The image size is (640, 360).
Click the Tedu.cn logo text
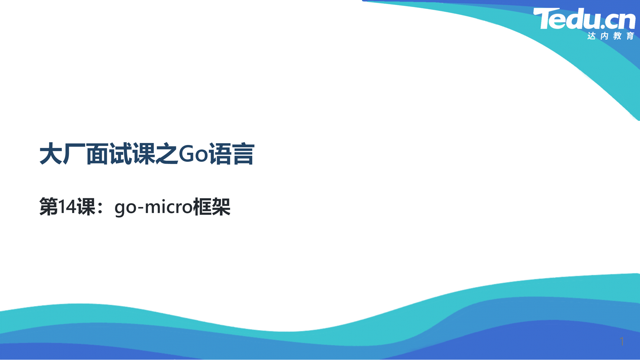pos(584,19)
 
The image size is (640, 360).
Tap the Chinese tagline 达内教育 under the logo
pos(611,36)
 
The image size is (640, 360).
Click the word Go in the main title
pos(194,154)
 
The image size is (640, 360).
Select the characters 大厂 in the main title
pos(62,154)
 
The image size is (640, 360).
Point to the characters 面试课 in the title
pos(121,154)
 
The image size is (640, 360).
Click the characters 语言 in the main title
pos(232,154)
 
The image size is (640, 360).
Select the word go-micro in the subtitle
pos(154,207)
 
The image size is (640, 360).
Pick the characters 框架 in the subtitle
pos(212,207)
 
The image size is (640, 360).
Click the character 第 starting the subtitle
pos(49,207)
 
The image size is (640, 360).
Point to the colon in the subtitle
pos(100,208)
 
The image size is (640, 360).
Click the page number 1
pos(622,341)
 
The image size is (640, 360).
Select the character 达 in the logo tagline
pos(592,36)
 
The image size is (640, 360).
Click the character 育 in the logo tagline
pos(630,36)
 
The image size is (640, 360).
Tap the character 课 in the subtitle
pos(86,207)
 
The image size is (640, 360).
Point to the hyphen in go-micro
pos(140,208)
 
